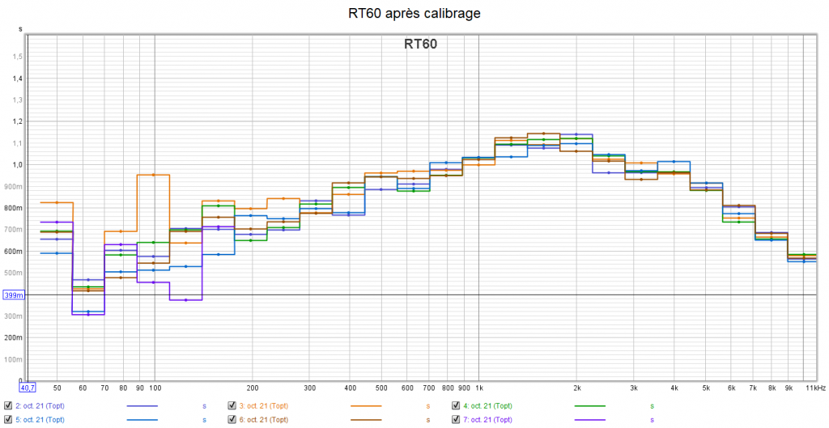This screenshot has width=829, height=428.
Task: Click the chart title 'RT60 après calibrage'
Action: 414,13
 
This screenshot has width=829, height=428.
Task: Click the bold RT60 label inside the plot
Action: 420,44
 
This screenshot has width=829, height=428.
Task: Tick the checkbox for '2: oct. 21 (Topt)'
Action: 7,405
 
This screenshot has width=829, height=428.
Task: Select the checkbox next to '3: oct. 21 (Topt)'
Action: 232,405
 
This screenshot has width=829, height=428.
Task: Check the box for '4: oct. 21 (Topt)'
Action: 457,405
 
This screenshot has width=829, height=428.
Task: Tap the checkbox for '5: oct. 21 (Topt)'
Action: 7,420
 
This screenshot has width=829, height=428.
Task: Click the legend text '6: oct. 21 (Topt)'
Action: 268,420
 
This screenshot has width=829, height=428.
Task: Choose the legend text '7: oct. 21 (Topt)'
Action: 491,420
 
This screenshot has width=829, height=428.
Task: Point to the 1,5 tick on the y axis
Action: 17,57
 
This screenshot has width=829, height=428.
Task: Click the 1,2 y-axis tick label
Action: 17,121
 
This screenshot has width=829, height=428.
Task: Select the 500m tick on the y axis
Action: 13,273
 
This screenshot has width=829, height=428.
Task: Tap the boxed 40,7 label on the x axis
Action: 30,388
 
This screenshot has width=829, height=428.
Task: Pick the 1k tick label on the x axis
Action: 479,388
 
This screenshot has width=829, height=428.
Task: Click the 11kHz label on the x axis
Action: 816,388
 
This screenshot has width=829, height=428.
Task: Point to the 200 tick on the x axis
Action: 252,388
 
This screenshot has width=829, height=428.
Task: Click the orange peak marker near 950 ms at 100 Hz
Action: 153,175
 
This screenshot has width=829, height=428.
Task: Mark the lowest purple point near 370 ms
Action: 186,300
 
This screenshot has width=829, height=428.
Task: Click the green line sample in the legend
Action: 590,405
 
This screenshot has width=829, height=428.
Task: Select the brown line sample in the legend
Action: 367,420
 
